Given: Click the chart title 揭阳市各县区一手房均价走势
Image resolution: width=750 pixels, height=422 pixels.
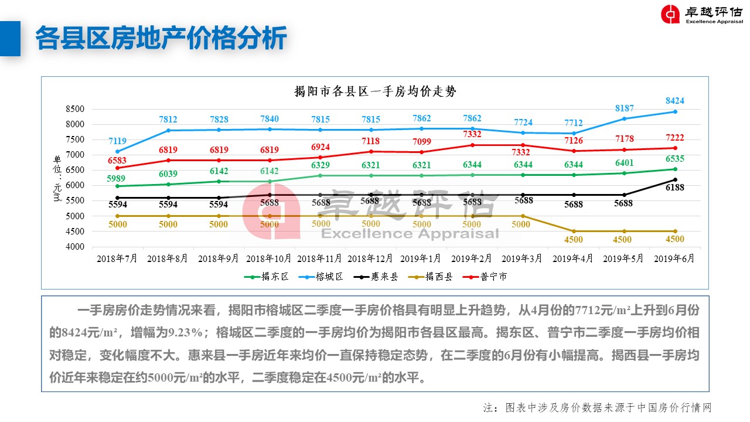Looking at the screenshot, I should tap(375, 91).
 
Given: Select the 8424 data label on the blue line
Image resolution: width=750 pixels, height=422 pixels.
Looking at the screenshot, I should tap(674, 101).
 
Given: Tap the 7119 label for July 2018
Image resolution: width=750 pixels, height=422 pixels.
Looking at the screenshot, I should tap(117, 141).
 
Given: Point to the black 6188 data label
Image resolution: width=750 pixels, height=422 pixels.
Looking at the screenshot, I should tap(674, 188).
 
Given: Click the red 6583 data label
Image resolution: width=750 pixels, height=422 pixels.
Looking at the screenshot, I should tap(117, 161).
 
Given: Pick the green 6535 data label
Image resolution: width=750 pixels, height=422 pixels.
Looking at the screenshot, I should tap(674, 159).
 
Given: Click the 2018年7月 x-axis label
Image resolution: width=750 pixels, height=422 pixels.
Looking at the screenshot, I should tap(117, 258).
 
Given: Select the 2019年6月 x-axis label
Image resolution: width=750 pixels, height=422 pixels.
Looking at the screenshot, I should tap(674, 258).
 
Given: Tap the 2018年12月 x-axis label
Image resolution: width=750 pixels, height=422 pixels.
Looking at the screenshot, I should tap(370, 258).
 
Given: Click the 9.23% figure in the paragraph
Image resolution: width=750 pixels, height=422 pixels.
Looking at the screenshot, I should tap(189, 332).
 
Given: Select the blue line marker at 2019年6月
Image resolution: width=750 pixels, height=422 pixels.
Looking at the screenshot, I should tap(674, 112).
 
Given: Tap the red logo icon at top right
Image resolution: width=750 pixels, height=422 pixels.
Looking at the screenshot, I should tap(670, 14).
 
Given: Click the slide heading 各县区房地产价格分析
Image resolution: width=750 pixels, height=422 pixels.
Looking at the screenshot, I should tap(161, 39).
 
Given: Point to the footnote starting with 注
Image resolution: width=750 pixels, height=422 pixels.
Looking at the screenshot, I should tap(597, 408).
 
